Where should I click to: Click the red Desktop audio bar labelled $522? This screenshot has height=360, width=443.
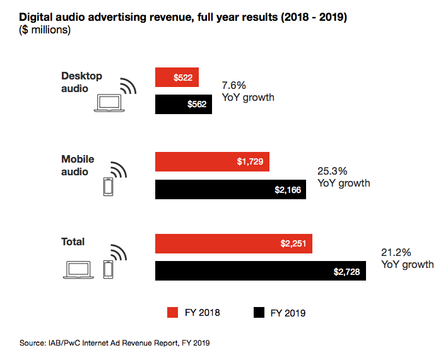pyautogui.click(x=177, y=77)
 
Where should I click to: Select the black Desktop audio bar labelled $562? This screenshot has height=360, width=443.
pyautogui.click(x=184, y=105)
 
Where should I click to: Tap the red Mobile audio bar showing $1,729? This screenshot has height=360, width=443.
pyautogui.click(x=213, y=162)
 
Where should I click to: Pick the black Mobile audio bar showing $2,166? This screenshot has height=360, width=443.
pyautogui.click(x=230, y=189)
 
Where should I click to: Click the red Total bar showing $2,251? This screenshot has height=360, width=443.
pyautogui.click(x=233, y=244)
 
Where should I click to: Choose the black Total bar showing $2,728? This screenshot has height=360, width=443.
pyautogui.click(x=261, y=271)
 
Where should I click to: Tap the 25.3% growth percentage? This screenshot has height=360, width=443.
pyautogui.click(x=331, y=171)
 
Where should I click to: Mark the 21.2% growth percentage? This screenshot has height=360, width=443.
pyautogui.click(x=395, y=252)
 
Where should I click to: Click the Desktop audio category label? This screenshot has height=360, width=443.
pyautogui.click(x=81, y=82)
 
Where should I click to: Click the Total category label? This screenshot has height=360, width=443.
pyautogui.click(x=73, y=242)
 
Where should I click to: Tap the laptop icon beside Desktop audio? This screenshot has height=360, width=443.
pyautogui.click(x=107, y=103)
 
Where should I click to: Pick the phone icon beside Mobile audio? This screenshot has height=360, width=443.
pyautogui.click(x=108, y=186)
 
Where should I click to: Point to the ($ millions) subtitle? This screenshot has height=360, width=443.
pyautogui.click(x=44, y=29)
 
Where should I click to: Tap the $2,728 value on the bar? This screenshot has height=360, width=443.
pyautogui.click(x=347, y=272)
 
